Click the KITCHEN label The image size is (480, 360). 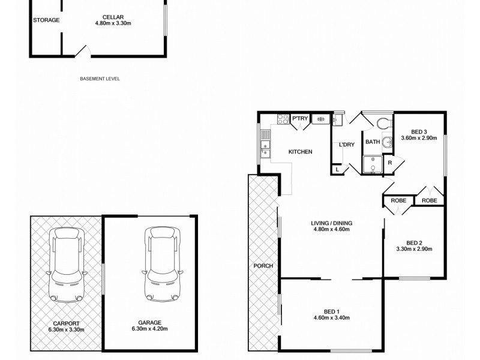tap(300, 152)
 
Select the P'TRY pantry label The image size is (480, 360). tap(300, 119)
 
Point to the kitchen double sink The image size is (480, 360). tap(265, 150)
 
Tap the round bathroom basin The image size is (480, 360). tap(388, 143)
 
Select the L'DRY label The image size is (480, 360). tap(347, 145)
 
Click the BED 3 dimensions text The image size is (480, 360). tap(419, 138)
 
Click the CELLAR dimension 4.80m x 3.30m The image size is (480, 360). tap(113, 23)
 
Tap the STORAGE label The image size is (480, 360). tap(46, 20)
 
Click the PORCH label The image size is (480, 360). tap(263, 266)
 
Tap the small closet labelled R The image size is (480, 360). tap(389, 163)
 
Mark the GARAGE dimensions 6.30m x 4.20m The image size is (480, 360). tap(149, 329)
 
